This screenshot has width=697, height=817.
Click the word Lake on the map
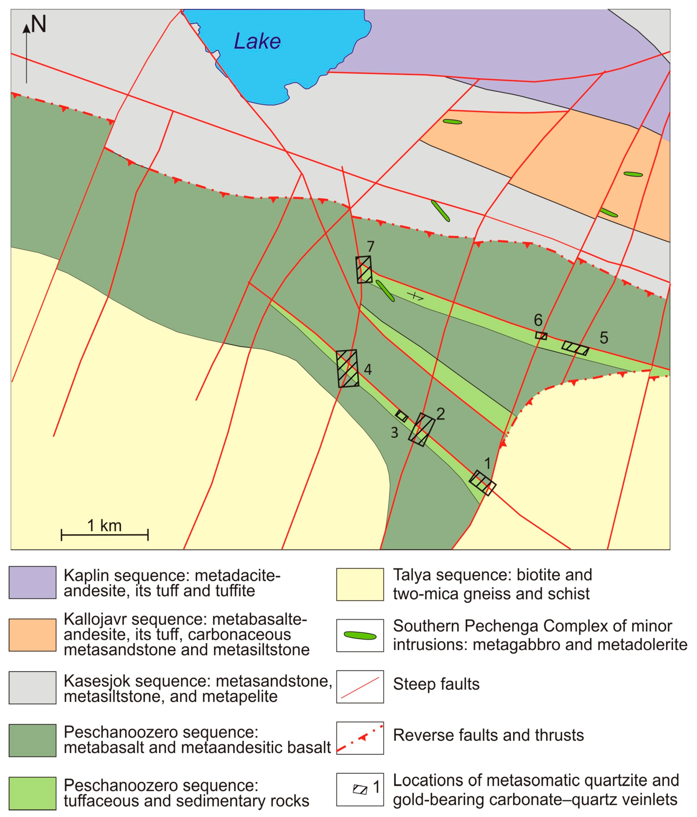pyautogui.click(x=257, y=41)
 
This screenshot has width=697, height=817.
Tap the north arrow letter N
pyautogui.click(x=39, y=24)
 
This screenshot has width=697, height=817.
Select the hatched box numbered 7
pyautogui.click(x=364, y=270)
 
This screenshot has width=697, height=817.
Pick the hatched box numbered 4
pyautogui.click(x=348, y=369)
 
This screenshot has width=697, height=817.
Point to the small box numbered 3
pyautogui.click(x=401, y=416)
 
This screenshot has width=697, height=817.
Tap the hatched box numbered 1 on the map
pyautogui.click(x=482, y=483)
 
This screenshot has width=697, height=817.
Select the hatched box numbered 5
pyautogui.click(x=575, y=348)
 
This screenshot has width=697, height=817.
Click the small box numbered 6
pyautogui.click(x=541, y=335)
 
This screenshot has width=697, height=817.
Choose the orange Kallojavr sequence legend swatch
pyautogui.click(x=32, y=635)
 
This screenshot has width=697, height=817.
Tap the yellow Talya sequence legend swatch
pyautogui.click(x=360, y=584)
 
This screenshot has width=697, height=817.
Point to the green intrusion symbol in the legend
pyautogui.click(x=360, y=636)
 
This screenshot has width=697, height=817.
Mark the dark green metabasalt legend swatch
pyautogui.click(x=32, y=740)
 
